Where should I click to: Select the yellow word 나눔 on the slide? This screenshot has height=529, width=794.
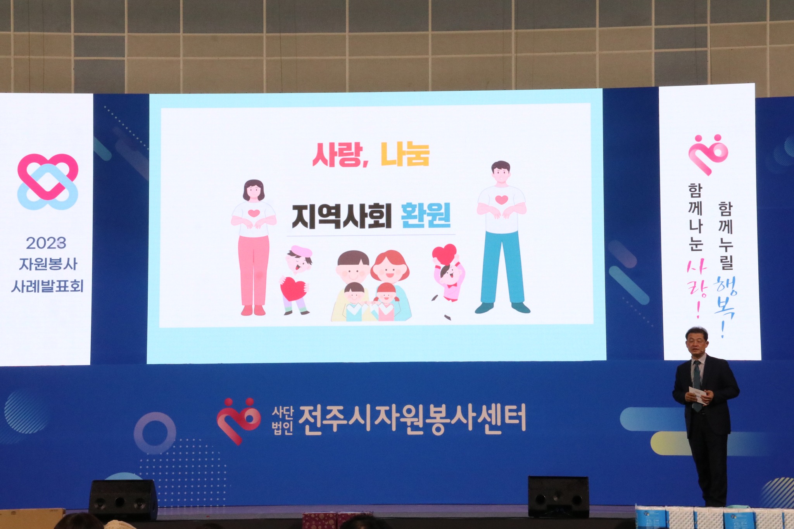(405, 154)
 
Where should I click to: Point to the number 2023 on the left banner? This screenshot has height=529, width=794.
(46, 243)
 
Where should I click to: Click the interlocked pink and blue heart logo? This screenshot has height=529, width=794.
(48, 182)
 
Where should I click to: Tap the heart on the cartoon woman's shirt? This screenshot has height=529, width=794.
(254, 213)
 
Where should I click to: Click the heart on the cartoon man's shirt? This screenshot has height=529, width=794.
(502, 200)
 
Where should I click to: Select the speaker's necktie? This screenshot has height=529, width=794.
(697, 385)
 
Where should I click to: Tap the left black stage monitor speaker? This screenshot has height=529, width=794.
(123, 500)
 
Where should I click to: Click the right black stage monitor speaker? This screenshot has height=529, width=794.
(558, 497)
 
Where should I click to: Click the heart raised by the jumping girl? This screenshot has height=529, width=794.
(444, 254)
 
